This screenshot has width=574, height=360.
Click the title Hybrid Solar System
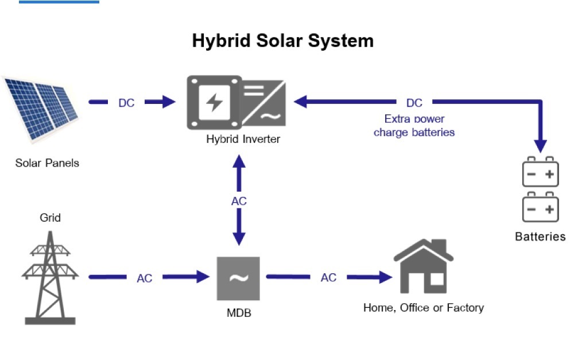click(282, 41)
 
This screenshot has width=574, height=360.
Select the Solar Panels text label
click(47, 162)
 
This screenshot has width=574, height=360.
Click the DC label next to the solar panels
click(126, 103)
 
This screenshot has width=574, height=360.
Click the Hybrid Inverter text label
click(243, 139)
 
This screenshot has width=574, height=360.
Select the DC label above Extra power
click(414, 103)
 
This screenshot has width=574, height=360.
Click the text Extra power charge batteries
click(414, 126)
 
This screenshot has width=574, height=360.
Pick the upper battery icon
click(540, 172)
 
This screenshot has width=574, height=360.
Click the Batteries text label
click(540, 237)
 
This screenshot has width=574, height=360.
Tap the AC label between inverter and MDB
click(239, 202)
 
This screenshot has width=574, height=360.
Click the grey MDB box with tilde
click(238, 278)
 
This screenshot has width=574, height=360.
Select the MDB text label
click(238, 313)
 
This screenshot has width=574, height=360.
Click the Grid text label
click(50, 218)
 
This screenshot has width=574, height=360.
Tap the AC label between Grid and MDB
click(145, 278)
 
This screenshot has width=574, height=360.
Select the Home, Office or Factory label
click(424, 308)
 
